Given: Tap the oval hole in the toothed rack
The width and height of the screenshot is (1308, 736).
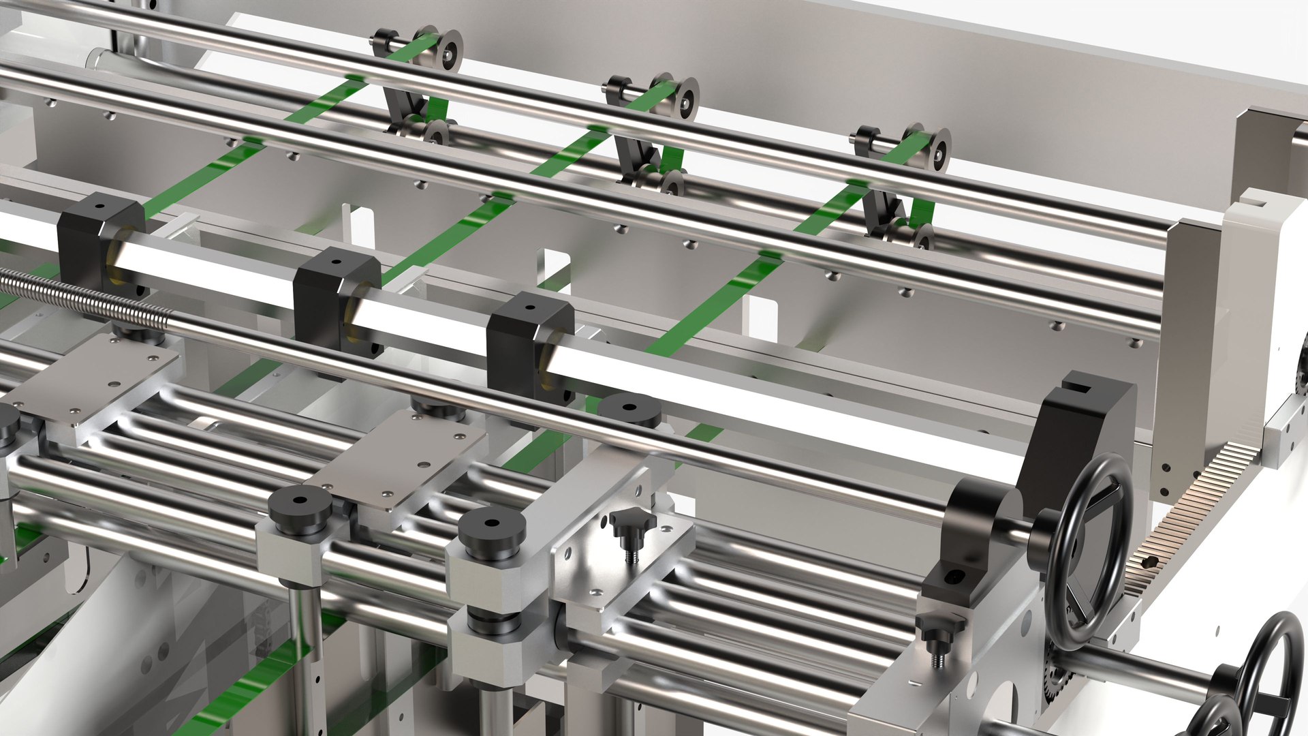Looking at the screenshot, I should [x=1149, y=562].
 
